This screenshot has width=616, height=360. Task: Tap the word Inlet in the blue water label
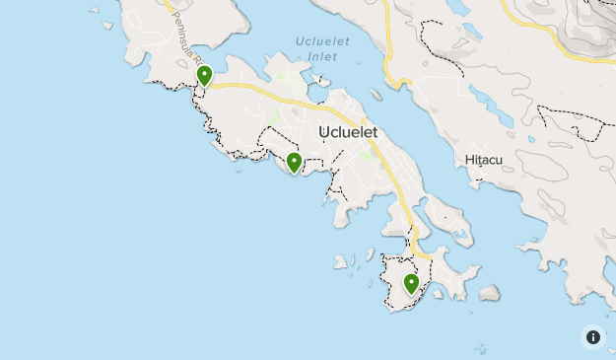(x=321, y=57)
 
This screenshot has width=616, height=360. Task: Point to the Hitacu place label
(x=483, y=160)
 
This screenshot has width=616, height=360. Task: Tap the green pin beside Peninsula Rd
(x=204, y=75)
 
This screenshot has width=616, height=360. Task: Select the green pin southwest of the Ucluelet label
(x=294, y=163)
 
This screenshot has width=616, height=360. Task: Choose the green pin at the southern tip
(x=412, y=284)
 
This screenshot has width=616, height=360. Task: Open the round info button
(x=593, y=337)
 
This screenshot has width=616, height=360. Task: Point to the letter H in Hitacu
(x=467, y=160)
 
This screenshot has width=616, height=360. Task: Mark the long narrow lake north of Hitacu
(x=491, y=105)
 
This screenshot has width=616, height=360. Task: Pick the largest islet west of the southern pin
(x=343, y=262)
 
